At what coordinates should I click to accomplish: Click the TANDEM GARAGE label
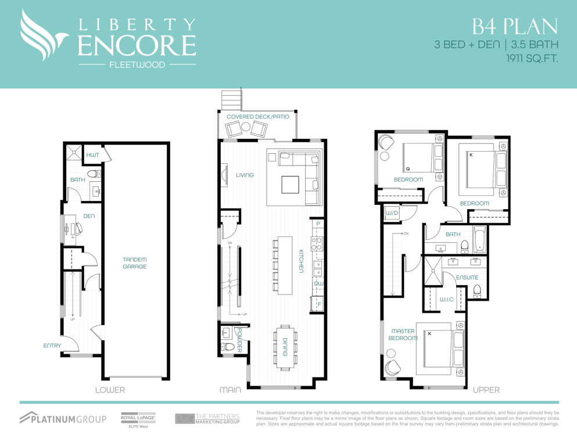coord(135,263)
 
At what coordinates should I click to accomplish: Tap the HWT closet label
coord(93,155)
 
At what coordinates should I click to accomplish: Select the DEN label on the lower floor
coord(89,216)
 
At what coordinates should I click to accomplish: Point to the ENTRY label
coord(52,346)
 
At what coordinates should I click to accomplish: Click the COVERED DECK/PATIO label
coord(258,117)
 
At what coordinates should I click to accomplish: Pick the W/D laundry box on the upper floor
coord(392,213)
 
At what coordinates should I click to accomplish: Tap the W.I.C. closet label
coord(447,299)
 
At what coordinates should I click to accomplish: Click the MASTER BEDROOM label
coord(403,334)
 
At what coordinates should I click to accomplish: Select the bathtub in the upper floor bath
coord(480,239)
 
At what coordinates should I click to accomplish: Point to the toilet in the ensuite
coord(477,290)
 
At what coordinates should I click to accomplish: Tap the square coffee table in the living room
coord(290,185)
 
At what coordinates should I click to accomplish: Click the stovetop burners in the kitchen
coord(317,244)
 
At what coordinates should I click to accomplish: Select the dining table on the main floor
coord(285,347)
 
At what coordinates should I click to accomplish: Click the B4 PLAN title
coord(515,27)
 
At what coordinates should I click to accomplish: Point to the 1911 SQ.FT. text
coord(532,58)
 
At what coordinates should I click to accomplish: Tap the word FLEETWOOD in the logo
coord(137,64)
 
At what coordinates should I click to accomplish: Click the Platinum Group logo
coord(63,418)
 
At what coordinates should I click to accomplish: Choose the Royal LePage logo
coord(138,420)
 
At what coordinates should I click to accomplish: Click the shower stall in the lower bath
coord(74,152)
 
